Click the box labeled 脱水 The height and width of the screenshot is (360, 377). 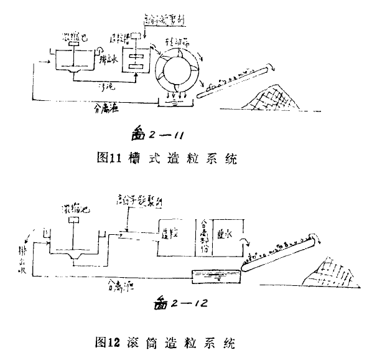226,235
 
